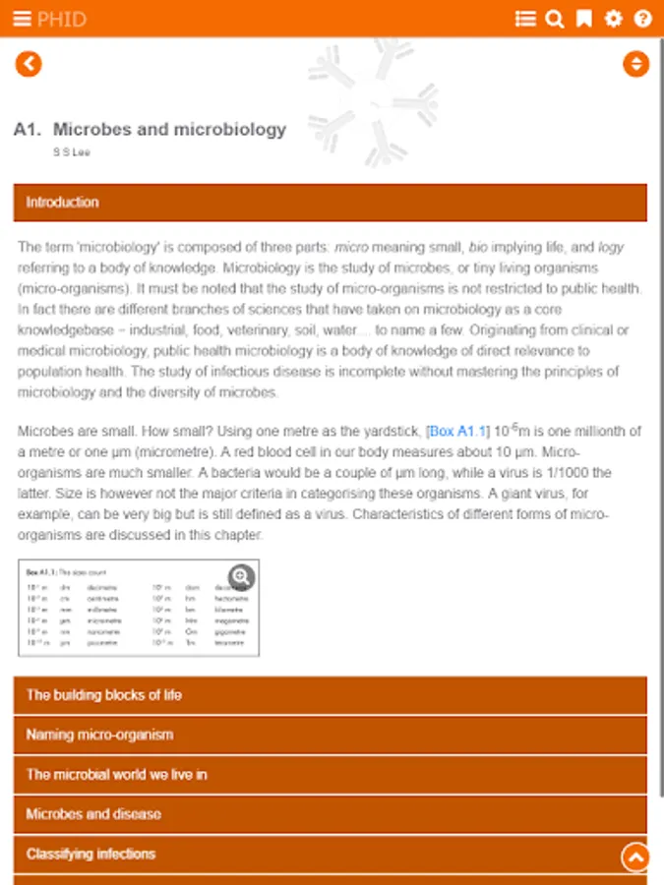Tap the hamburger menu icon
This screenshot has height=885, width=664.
click(x=22, y=19)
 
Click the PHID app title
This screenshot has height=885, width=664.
click(x=62, y=19)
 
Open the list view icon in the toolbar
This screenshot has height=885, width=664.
click(x=525, y=19)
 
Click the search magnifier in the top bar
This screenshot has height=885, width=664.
click(x=555, y=19)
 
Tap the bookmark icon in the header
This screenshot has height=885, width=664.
click(x=584, y=19)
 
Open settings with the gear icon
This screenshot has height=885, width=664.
click(x=614, y=19)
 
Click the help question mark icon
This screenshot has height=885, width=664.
click(x=643, y=19)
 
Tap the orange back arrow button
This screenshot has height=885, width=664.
click(x=29, y=64)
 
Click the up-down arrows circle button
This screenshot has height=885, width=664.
click(x=636, y=64)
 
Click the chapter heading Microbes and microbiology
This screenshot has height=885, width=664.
click(x=169, y=129)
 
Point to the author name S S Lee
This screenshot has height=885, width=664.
click(x=72, y=152)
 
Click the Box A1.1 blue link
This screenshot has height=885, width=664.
click(x=457, y=432)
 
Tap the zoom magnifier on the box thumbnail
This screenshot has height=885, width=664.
click(x=241, y=577)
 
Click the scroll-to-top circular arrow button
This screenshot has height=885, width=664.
click(x=635, y=857)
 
